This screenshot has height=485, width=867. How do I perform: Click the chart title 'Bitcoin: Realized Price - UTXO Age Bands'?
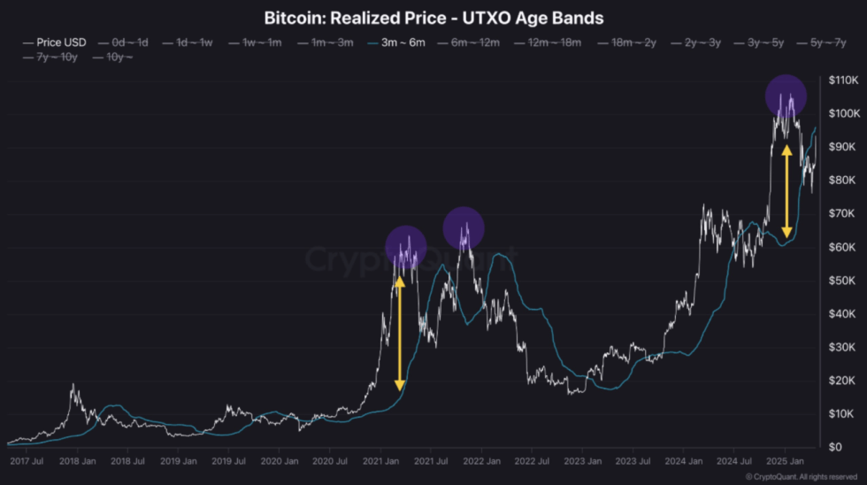pos(433,18)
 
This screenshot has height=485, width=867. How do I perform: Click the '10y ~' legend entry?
pos(113,58)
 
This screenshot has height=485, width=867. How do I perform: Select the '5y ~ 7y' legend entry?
pos(822,42)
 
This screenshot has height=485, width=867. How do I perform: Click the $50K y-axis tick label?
pos(841,281)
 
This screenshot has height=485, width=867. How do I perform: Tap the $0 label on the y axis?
pos(835,447)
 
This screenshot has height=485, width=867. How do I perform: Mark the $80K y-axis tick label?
pos(841,181)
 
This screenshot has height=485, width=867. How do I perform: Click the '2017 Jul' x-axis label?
pos(26,462)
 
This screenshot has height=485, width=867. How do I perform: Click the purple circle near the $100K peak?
pos(785,96)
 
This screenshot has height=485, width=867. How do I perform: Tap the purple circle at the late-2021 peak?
pos(463,227)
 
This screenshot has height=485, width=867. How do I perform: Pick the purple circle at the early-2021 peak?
pos(406,248)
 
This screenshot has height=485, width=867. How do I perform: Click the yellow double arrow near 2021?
pos(399,332)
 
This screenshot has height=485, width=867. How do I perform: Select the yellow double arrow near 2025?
pos(786,191)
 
